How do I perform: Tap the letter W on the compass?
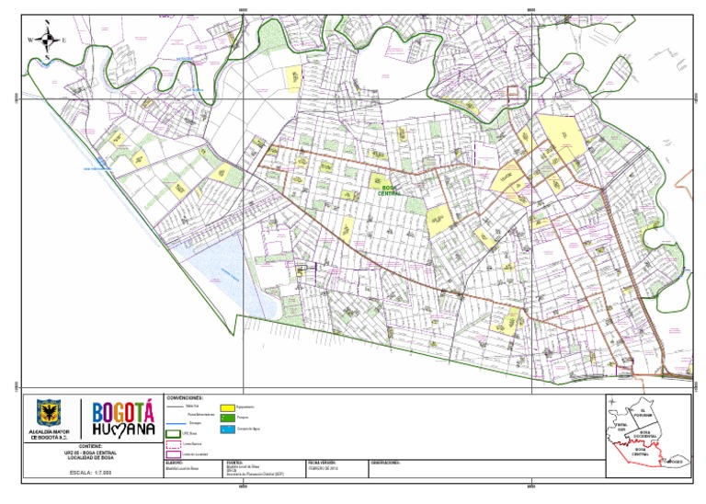30,40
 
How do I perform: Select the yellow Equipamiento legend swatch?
226,406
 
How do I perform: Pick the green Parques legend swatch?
226,418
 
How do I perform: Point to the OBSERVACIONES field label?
386,463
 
